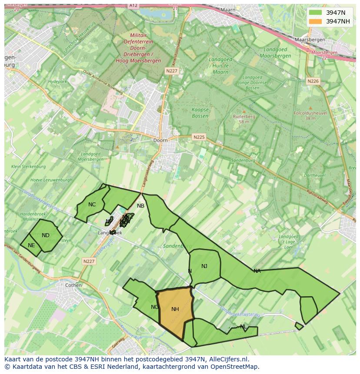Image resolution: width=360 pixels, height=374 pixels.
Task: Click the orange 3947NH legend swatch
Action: point(316,21)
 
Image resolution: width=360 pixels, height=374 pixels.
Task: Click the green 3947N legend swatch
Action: point(316,13)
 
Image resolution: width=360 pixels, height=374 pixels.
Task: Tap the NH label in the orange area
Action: point(175,309)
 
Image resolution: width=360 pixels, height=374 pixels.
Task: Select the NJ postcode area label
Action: point(204,266)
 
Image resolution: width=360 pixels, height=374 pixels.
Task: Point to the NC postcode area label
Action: point(92,205)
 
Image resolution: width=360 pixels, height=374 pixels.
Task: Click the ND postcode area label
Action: point(46,235)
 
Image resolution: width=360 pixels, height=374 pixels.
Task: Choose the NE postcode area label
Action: point(31,245)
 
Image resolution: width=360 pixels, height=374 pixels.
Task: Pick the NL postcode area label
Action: point(243,327)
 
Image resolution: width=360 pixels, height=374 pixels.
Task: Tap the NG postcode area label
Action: point(155,307)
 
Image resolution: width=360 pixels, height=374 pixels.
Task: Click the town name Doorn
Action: point(160,140)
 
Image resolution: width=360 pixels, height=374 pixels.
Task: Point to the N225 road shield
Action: point(198,137)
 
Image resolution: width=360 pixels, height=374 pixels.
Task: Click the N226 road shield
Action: point(313,81)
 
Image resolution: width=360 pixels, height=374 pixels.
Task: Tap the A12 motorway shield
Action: point(133,5)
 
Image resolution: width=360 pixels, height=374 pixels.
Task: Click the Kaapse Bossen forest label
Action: point(200,113)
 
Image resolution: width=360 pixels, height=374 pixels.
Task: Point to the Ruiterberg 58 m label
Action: point(244,119)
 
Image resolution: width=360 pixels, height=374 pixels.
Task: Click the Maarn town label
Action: point(227,9)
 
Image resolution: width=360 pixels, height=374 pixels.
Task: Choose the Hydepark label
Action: point(58,81)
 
